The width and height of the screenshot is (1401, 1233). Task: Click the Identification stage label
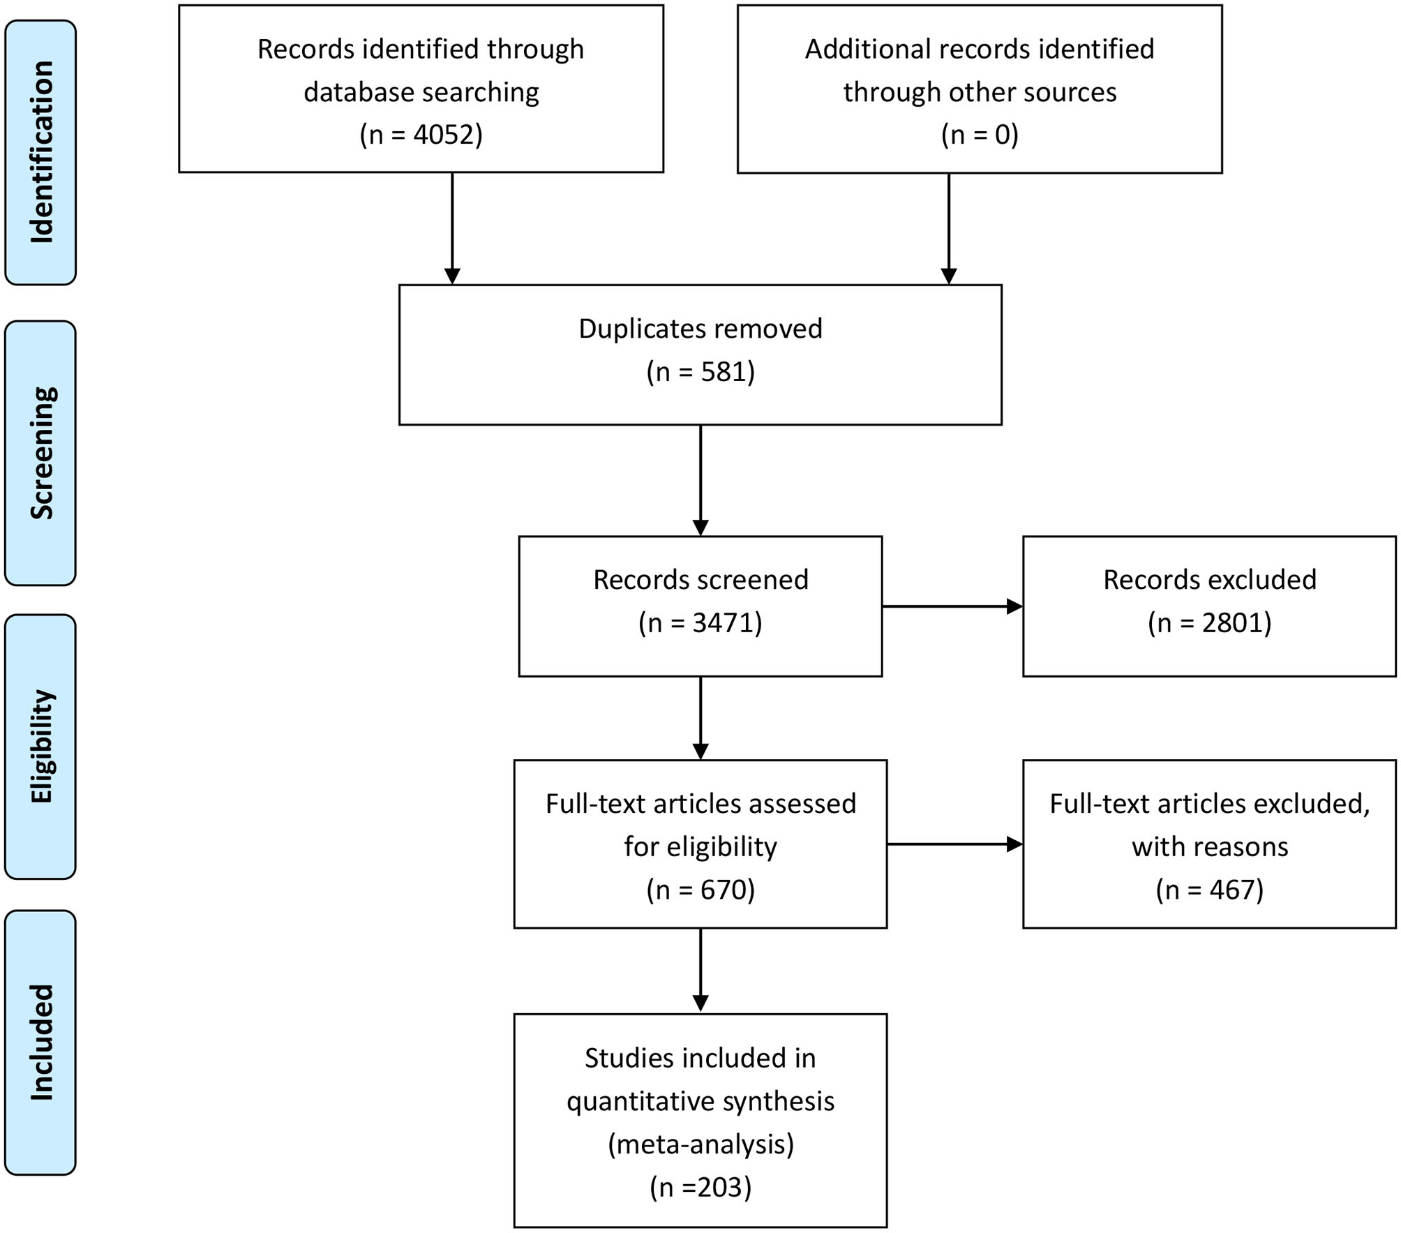(40, 152)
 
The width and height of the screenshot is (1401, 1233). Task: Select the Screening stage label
(40, 453)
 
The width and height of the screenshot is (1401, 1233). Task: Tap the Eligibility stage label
(40, 746)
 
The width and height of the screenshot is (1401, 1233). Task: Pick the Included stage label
(40, 1043)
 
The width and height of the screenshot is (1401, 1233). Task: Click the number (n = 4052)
(421, 134)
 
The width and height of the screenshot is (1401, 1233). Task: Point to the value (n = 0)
(979, 134)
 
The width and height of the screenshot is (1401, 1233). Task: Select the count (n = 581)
(700, 371)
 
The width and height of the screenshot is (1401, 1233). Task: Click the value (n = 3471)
(700, 622)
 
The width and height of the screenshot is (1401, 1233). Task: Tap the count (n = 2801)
(1209, 622)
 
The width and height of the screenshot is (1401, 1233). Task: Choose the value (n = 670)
(700, 890)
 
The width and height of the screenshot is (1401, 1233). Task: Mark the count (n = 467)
(1209, 890)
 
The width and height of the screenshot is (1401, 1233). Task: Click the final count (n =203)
(700, 1187)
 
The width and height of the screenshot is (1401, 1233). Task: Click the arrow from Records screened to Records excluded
(952, 606)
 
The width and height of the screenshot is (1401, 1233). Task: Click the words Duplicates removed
(700, 329)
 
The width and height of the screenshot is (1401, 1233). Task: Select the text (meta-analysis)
(700, 1144)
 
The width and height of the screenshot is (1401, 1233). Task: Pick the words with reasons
(1209, 847)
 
